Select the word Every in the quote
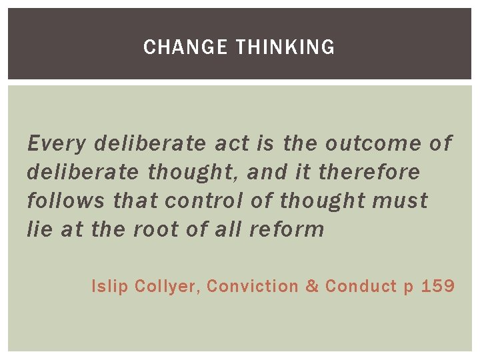click(x=57, y=143)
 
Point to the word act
click(x=233, y=143)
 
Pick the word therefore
click(x=369, y=172)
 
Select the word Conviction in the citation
click(x=253, y=287)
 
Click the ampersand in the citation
click(x=311, y=287)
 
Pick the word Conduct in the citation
click(x=361, y=287)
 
